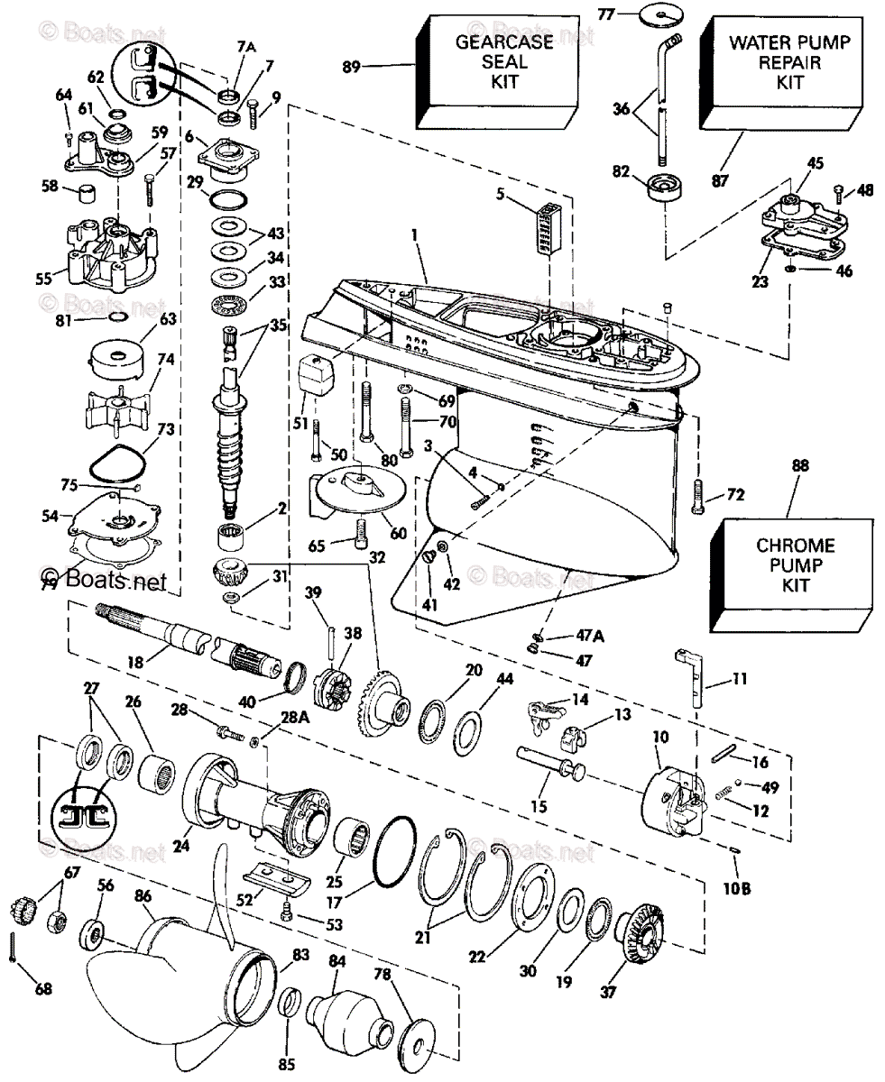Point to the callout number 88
(x=799, y=466)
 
